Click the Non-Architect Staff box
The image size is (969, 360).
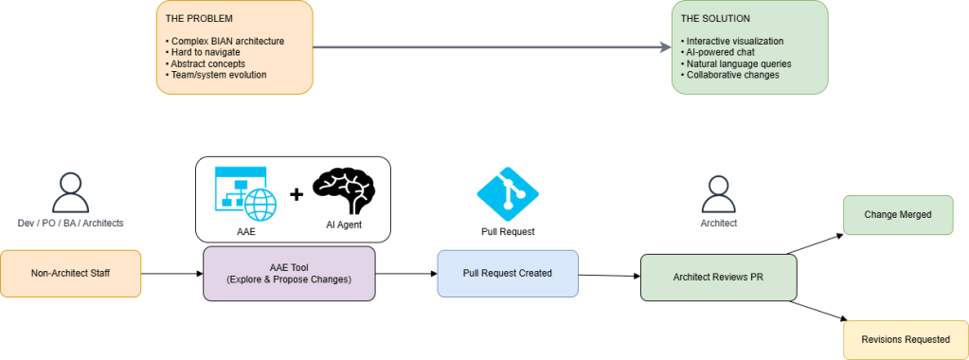(71, 274)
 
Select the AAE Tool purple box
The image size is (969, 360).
(289, 274)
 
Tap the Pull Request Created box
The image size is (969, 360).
(507, 274)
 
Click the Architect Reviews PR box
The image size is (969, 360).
(718, 278)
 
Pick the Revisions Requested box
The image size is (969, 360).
(906, 339)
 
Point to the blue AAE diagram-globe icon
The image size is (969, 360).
(244, 194)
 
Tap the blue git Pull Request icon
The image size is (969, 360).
(507, 192)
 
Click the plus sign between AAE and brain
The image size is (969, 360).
(296, 194)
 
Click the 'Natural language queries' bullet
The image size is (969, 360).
(736, 63)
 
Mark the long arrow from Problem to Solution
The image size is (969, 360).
(488, 46)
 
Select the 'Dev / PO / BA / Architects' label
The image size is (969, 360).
(71, 223)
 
